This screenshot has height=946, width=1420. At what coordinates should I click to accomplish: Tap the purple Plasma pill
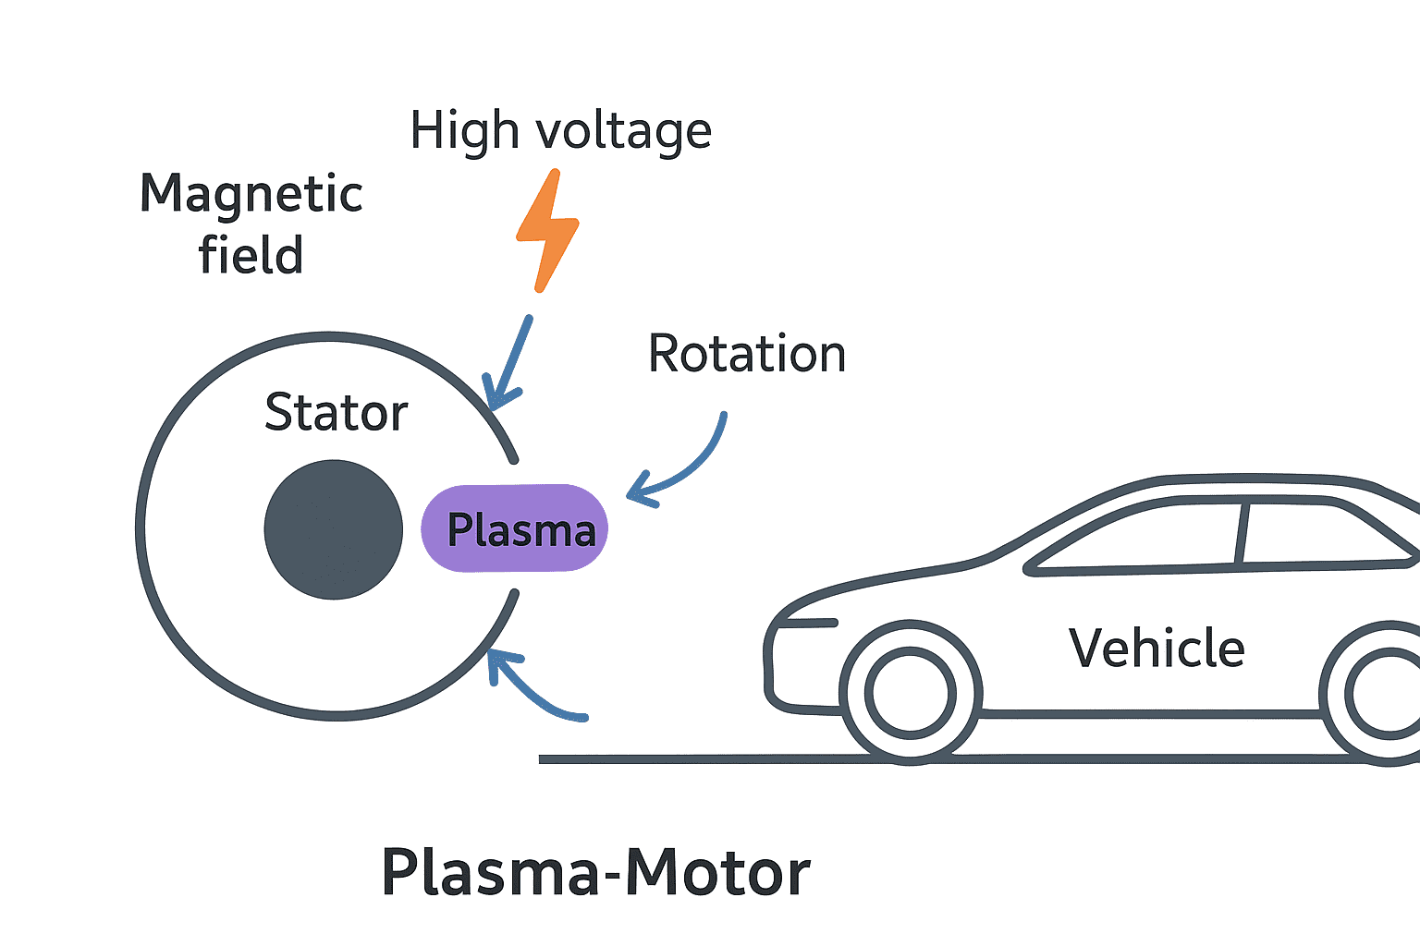(515, 528)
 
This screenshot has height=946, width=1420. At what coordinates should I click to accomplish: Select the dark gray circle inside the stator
(334, 529)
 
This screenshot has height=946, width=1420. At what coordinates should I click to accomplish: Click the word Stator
(336, 412)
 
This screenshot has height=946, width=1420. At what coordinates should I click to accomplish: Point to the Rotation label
(747, 354)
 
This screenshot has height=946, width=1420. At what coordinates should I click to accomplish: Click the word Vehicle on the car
(1157, 649)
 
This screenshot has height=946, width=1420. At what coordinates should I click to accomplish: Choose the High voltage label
(561, 130)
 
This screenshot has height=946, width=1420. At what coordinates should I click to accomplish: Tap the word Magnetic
(251, 195)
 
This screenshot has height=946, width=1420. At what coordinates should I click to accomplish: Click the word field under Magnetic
(251, 256)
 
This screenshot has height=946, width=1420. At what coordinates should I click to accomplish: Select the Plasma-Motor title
(595, 873)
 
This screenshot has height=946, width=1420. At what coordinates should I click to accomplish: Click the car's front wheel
(911, 692)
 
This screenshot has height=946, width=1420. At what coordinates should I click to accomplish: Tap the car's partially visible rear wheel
(1382, 694)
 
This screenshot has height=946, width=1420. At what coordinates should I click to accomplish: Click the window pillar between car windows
(1242, 533)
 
